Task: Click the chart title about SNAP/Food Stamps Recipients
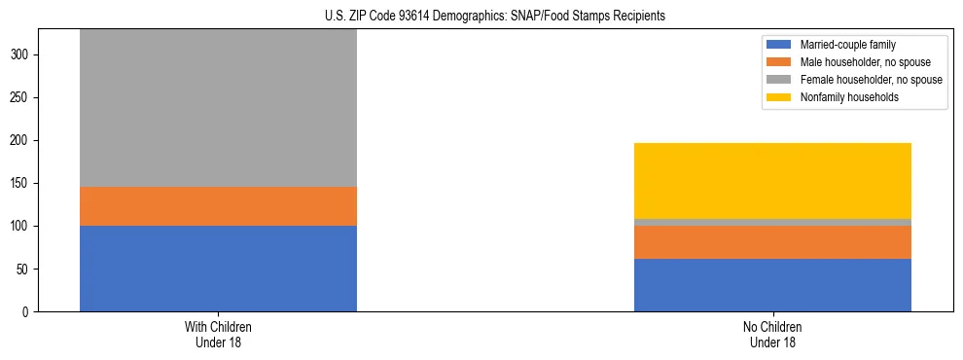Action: coord(495,17)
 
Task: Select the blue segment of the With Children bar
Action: coord(218,269)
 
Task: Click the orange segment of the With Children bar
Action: coord(218,206)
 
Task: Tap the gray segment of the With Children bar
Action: coord(218,108)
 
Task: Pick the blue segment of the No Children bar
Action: coord(772,285)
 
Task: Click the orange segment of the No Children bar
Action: coord(772,242)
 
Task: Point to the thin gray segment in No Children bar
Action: coord(772,222)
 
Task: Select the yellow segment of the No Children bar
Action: coord(772,181)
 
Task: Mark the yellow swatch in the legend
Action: coord(779,97)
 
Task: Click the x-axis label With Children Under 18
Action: coord(218,334)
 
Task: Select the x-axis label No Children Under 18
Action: coord(772,334)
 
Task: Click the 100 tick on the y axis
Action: coord(22,227)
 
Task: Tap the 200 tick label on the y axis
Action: coord(22,141)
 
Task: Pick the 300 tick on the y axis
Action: coord(22,55)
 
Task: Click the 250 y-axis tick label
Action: coord(22,98)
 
